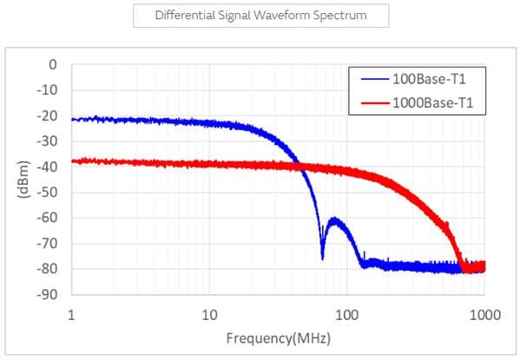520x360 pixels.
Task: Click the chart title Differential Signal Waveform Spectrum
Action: (x=260, y=16)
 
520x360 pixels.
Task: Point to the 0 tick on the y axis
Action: (x=53, y=64)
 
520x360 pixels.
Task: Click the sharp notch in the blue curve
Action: (x=322, y=257)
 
